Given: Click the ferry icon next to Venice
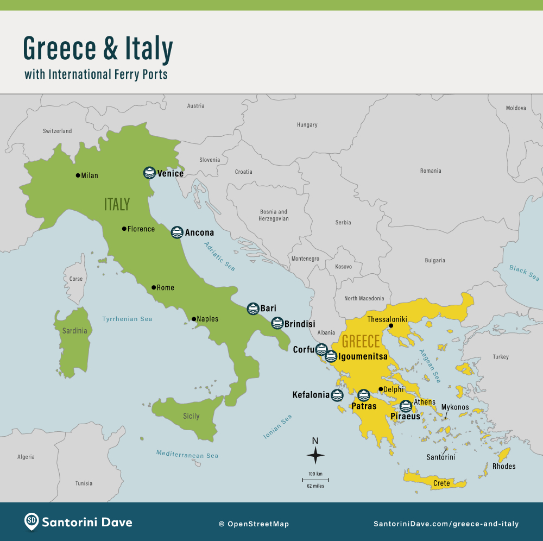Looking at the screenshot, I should tap(149, 173).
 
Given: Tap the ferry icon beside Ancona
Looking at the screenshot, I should tap(177, 232).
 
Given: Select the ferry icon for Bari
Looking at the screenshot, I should tap(252, 309).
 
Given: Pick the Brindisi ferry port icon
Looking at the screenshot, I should tap(277, 323).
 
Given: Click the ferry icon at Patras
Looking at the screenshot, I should tap(363, 395).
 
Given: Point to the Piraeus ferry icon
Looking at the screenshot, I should tap(405, 406).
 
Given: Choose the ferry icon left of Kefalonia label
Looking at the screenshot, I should tap(337, 395).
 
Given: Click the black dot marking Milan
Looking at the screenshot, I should tap(78, 175).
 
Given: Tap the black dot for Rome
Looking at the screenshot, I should tap(154, 287).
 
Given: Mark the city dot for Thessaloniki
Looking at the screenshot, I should tap(390, 326).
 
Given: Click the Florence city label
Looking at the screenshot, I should tap(141, 229).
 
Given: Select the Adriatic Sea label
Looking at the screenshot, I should tap(219, 256).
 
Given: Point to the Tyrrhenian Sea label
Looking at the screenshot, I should tap(127, 319).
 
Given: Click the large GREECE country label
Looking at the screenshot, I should tap(361, 342).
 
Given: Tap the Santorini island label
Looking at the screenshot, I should tap(440, 457).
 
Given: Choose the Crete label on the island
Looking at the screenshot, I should tap(441, 483).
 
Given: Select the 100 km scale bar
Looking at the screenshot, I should tap(315, 480).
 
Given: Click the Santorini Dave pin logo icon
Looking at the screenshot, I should tap(31, 521).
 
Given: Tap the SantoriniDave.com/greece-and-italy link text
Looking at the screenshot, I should tap(446, 524).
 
